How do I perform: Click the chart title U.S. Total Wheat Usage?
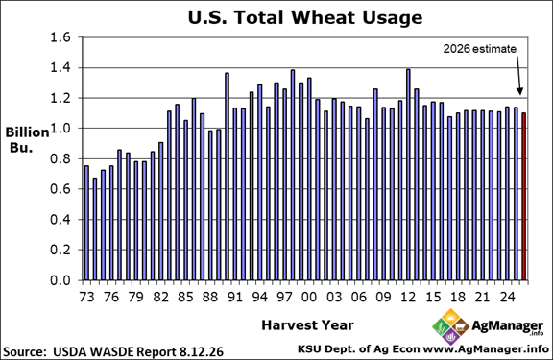(x=305, y=17)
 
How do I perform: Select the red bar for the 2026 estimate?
(x=524, y=197)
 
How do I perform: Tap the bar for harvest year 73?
(x=86, y=223)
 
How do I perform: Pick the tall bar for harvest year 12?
(x=408, y=175)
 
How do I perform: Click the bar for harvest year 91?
(x=235, y=194)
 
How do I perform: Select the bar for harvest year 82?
(x=161, y=211)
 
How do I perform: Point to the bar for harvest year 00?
(x=309, y=180)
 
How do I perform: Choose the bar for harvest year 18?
(x=458, y=197)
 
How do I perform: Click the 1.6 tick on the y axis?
(x=60, y=37)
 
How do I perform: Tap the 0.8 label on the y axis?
(x=60, y=158)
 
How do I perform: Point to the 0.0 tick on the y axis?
(x=60, y=280)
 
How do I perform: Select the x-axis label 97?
(x=284, y=297)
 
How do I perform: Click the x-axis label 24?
(x=507, y=297)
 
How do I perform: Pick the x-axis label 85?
(x=185, y=297)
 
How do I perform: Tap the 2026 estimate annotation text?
(x=480, y=49)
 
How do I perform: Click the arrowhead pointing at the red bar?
(x=519, y=91)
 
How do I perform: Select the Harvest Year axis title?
(x=307, y=325)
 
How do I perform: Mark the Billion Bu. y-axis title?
(x=27, y=139)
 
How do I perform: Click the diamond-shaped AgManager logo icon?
(x=450, y=326)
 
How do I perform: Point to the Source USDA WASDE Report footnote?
(x=113, y=351)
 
